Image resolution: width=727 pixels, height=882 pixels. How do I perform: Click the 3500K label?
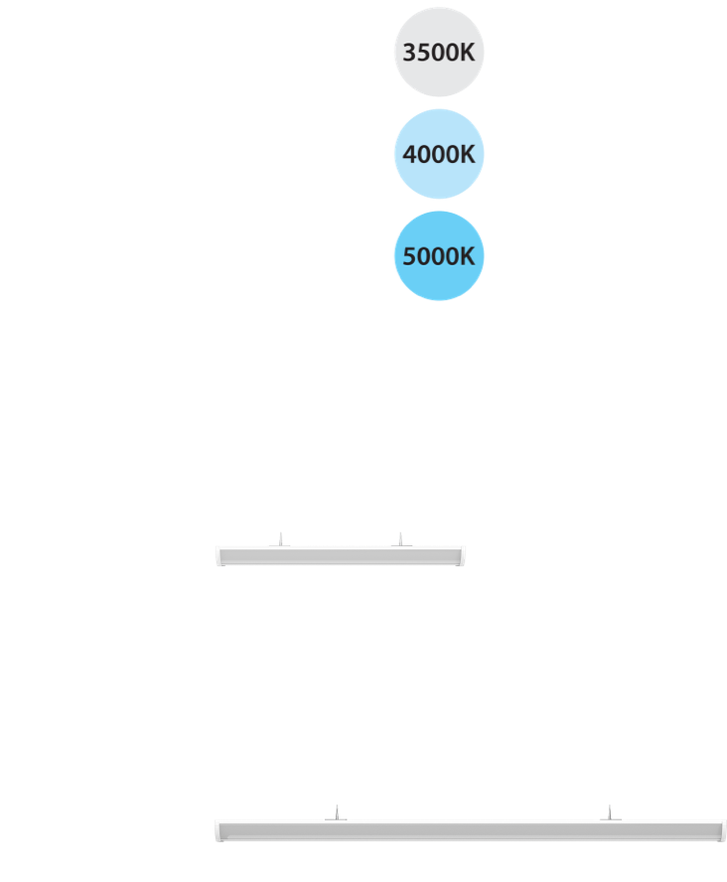[x=439, y=53]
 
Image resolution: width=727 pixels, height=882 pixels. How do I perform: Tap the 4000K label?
[x=439, y=155]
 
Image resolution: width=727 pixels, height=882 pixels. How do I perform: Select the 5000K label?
[x=439, y=256]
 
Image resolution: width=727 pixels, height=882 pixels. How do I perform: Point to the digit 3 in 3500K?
[x=409, y=53]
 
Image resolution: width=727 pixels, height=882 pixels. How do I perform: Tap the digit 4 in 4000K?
[x=409, y=155]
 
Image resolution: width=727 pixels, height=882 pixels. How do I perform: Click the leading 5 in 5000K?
[x=409, y=256]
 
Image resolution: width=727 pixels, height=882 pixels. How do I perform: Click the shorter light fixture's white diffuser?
[x=340, y=556]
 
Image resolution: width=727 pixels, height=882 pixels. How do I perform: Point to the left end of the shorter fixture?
[x=219, y=556]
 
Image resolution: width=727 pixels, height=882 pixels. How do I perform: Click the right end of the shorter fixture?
[x=461, y=556]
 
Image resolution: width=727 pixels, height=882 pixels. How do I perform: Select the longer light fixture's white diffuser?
[x=469, y=831]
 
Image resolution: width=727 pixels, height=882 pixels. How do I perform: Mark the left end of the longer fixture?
[x=219, y=831]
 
